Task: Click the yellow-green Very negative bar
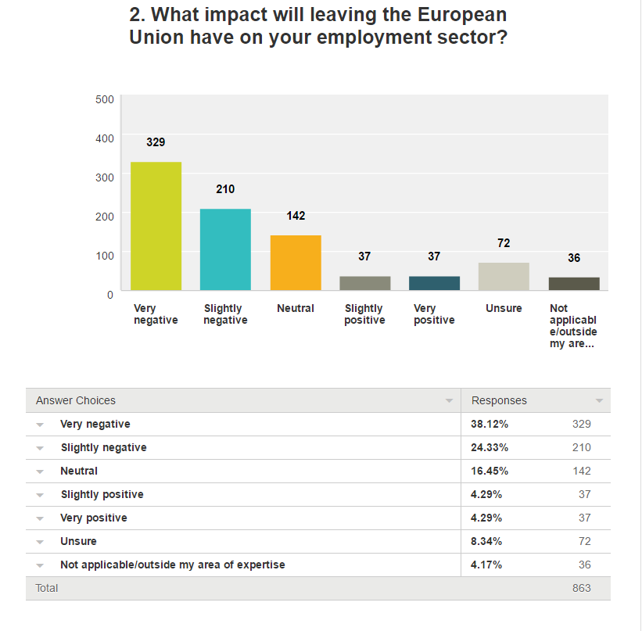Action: pyautogui.click(x=156, y=226)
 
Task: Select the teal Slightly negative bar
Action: pyautogui.click(x=225, y=249)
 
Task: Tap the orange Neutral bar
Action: pyautogui.click(x=296, y=263)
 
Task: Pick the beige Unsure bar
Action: pyautogui.click(x=504, y=277)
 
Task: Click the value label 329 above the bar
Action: pyautogui.click(x=156, y=142)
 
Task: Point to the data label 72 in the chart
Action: pyautogui.click(x=504, y=243)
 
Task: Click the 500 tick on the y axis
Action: pyautogui.click(x=105, y=99)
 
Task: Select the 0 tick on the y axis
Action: pyautogui.click(x=109, y=294)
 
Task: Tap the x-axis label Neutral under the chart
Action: pyautogui.click(x=296, y=308)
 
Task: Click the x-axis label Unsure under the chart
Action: pyautogui.click(x=504, y=308)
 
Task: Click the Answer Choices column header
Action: pyautogui.click(x=76, y=400)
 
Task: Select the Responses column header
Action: pyautogui.click(x=499, y=400)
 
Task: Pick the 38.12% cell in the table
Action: pyautogui.click(x=490, y=424)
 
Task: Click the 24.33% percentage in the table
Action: pyautogui.click(x=490, y=447)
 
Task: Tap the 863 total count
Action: pyautogui.click(x=581, y=588)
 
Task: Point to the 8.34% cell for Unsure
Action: pyautogui.click(x=486, y=541)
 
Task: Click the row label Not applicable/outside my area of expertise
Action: pyautogui.click(x=172, y=565)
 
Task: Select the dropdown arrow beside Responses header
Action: pyautogui.click(x=599, y=401)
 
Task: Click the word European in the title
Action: pyautogui.click(x=458, y=15)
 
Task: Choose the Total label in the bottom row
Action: pyautogui.click(x=47, y=588)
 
